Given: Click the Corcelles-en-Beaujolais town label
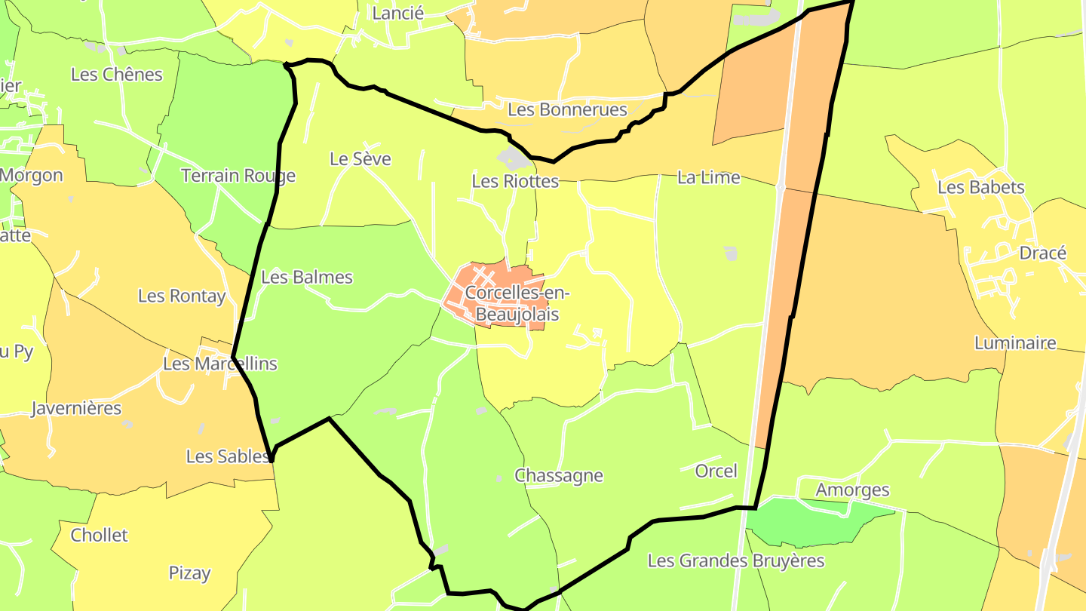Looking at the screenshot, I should [512, 303].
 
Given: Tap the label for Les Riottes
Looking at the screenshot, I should [515, 181].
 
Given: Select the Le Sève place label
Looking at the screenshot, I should [360, 158].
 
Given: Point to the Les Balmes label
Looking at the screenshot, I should [307, 277].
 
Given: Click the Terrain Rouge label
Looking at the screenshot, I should [238, 176].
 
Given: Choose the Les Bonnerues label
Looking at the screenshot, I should [567, 109].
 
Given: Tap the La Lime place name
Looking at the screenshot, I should [708, 177].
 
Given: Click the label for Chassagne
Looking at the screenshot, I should [559, 475].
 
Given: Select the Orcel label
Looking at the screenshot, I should [716, 471].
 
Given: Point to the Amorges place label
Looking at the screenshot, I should [852, 490].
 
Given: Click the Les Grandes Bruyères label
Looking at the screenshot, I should [736, 560].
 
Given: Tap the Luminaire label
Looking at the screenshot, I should [1015, 343].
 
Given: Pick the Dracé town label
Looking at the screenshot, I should [1042, 253].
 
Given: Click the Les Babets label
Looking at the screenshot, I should [981, 187].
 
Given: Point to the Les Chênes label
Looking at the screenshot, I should [117, 74].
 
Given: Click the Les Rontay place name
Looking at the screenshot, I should [182, 296].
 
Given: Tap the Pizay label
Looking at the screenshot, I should [189, 573].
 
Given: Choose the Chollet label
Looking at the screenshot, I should [100, 535].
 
